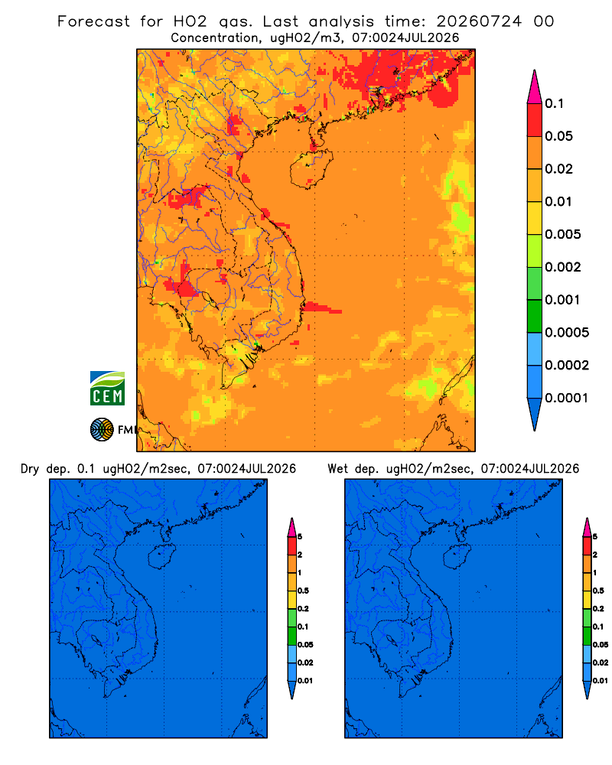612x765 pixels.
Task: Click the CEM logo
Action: [107, 388]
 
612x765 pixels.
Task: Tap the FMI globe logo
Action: [102, 429]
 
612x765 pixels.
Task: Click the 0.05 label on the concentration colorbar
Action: [558, 136]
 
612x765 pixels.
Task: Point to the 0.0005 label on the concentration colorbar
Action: [567, 332]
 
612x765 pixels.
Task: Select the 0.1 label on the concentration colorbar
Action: [554, 103]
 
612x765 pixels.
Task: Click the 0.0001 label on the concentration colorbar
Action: [566, 398]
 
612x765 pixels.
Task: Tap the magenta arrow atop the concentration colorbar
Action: [535, 86]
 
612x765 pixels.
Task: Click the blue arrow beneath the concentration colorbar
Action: [535, 414]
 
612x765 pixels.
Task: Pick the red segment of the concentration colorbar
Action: [535, 120]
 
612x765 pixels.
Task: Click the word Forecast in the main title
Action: [93, 21]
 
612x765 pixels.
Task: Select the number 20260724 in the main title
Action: [479, 21]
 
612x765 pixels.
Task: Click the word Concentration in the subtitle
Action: [215, 38]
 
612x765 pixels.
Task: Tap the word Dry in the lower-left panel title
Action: [30, 469]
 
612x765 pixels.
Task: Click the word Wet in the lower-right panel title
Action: [337, 469]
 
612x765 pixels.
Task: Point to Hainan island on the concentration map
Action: [311, 168]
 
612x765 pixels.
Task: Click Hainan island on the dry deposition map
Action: [162, 556]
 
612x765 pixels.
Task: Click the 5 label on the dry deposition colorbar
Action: [300, 537]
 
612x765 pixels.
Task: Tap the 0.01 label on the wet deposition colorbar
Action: [601, 681]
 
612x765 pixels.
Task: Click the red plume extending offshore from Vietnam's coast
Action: [322, 308]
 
